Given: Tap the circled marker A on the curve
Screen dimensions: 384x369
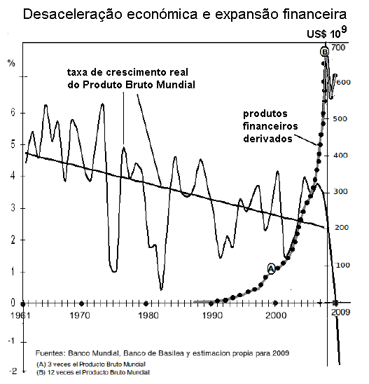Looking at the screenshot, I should click(272, 268).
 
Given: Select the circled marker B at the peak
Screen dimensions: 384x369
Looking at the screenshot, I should click(324, 51).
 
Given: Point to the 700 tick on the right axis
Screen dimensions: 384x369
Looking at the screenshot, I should click(341, 48).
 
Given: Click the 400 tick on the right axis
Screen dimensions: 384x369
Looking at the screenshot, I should click(341, 156).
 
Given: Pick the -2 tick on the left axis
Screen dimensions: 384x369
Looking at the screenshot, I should click(11, 370).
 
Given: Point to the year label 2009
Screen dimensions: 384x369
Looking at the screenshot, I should click(340, 313).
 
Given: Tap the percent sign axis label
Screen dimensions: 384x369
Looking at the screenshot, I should click(11, 63).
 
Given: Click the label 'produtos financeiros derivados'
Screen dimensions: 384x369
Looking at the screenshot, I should click(270, 125).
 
